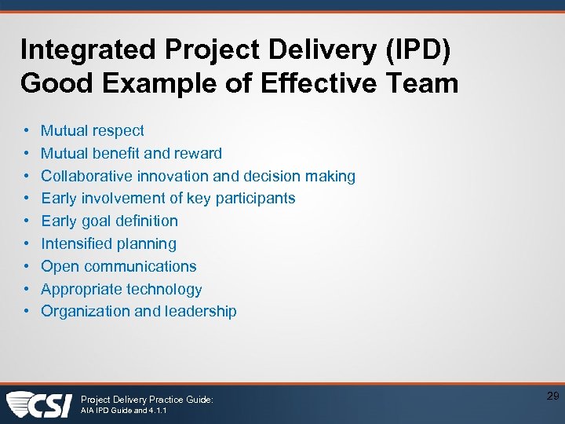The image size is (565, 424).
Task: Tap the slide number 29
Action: [x=552, y=397]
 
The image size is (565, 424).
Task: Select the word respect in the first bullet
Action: [x=118, y=130]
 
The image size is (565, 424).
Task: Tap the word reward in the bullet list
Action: [x=197, y=153]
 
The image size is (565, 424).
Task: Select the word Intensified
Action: [x=79, y=243]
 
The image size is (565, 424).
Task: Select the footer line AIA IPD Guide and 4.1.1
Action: [x=125, y=411]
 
